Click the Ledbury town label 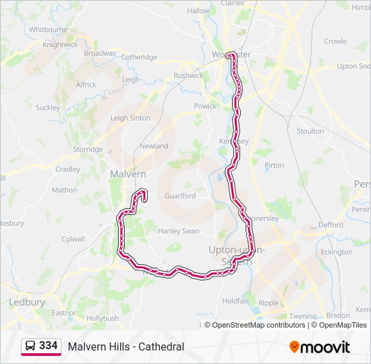[x=27, y=302]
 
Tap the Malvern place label [x=127, y=174]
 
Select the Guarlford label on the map [x=180, y=196]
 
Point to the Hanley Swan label [x=179, y=231]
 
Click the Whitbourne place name [x=48, y=30]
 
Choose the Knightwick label [x=61, y=44]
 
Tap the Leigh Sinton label [x=130, y=118]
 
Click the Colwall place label [x=73, y=239]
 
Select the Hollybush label [x=103, y=318]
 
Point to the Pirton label [x=275, y=165]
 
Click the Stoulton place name [x=310, y=131]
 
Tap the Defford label [x=331, y=225]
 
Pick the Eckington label [x=337, y=252]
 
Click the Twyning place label [x=303, y=316]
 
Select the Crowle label [x=335, y=41]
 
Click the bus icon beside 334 [x=30, y=346]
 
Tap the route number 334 [x=48, y=346]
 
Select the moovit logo [x=320, y=347]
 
